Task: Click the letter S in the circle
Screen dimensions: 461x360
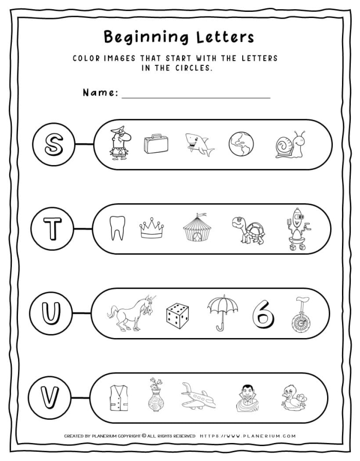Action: coord(53,145)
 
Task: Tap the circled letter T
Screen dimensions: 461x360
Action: coord(51,229)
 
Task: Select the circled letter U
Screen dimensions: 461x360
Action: coord(51,313)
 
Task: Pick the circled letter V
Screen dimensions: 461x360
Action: coord(50,397)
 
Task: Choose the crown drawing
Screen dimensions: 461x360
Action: coord(152,228)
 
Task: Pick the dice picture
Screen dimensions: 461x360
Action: coord(177,314)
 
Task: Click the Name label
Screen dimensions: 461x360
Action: coord(101,93)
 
